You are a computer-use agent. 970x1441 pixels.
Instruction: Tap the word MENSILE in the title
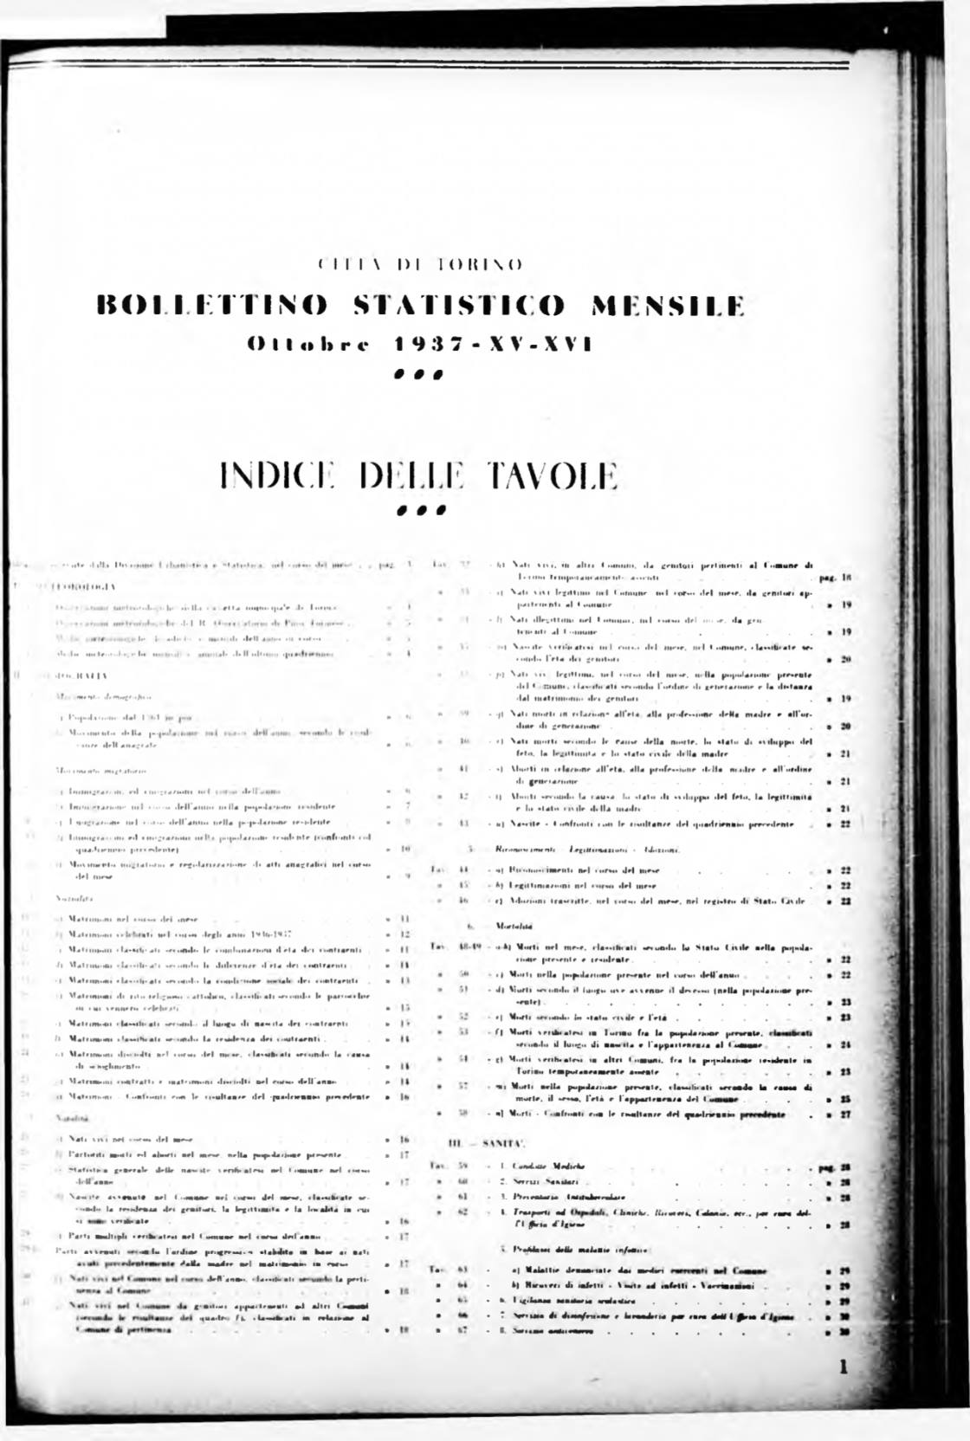(668, 307)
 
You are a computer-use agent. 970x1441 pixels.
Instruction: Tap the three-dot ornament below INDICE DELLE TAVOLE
(419, 510)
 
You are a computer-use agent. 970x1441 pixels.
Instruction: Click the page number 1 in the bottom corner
(844, 1367)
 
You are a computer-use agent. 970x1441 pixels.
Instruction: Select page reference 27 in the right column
(846, 1115)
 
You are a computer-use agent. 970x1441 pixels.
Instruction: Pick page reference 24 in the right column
(846, 1045)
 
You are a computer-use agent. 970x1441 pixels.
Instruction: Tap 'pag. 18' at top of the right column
(831, 577)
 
